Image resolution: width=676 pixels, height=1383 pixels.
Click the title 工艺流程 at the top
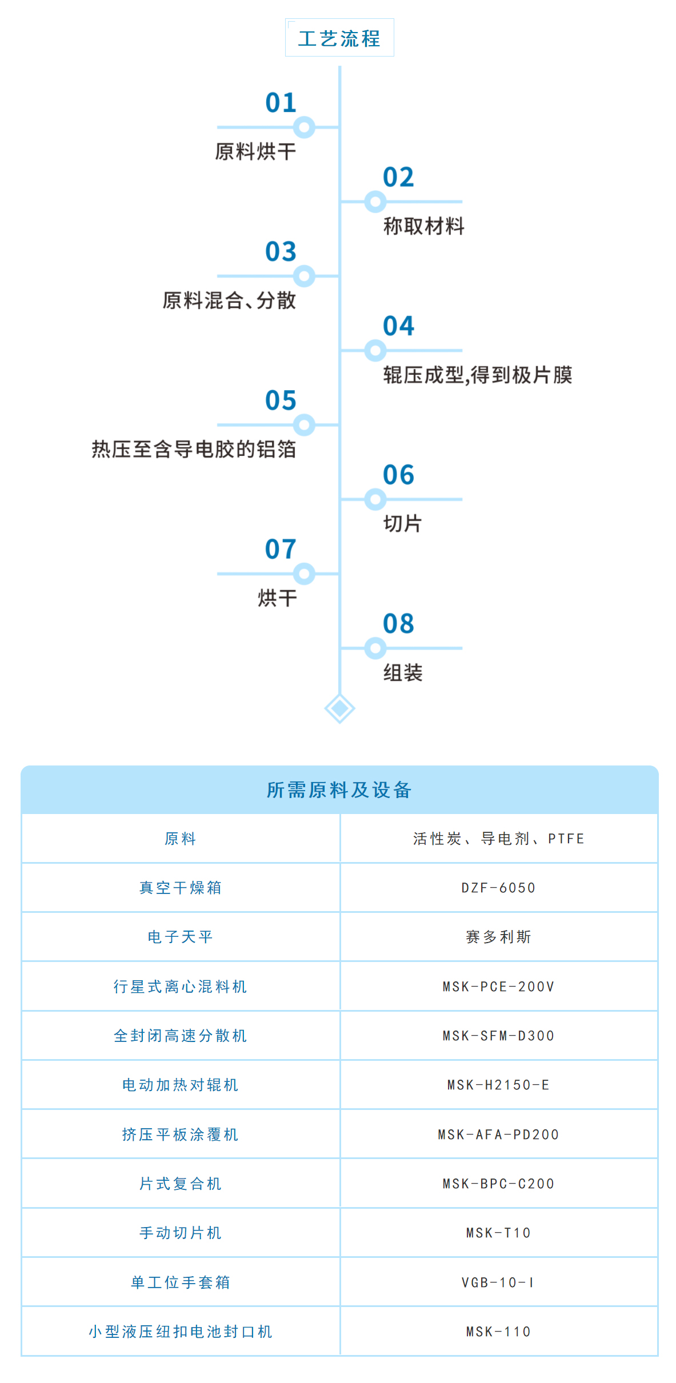tap(339, 39)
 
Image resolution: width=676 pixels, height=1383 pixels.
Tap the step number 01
tap(281, 103)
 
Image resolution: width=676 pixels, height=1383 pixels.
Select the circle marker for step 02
tap(375, 202)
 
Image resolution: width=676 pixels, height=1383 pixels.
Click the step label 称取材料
tap(423, 226)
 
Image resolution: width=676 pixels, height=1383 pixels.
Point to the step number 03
tap(281, 251)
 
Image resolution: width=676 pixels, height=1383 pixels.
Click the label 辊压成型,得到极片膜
tap(478, 375)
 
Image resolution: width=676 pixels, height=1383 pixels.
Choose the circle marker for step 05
tap(304, 425)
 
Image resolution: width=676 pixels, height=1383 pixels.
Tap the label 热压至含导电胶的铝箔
tap(194, 450)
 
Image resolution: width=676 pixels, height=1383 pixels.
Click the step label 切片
tap(402, 524)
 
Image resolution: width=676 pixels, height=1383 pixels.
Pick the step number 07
tap(281, 549)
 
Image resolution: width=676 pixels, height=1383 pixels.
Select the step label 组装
tap(403, 673)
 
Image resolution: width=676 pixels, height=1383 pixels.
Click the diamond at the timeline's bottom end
tap(339, 708)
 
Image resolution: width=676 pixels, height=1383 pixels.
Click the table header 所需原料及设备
tap(339, 790)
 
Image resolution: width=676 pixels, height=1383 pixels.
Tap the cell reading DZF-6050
tap(498, 888)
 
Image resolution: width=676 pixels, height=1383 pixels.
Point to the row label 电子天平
tap(181, 937)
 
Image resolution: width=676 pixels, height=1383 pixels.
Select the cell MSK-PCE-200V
tap(498, 987)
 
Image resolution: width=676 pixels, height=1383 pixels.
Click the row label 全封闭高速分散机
tap(181, 1036)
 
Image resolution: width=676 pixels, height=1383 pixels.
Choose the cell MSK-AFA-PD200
tap(498, 1135)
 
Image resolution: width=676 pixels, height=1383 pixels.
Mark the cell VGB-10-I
tap(498, 1282)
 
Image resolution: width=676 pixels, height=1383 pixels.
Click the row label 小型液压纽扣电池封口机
tap(181, 1332)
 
